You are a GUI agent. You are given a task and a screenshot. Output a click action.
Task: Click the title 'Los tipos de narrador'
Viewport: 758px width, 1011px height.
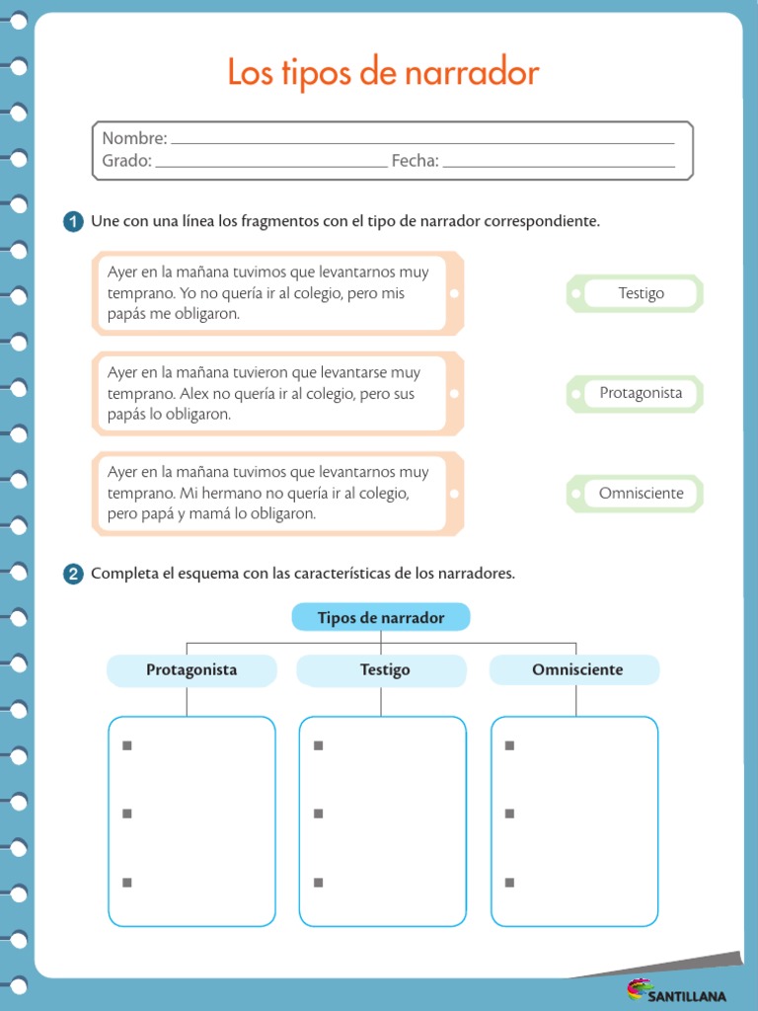tap(383, 73)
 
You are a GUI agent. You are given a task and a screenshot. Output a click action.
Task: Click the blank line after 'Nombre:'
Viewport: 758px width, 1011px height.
tap(422, 142)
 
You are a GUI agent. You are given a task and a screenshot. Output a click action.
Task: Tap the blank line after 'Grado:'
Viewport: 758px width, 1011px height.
tap(271, 165)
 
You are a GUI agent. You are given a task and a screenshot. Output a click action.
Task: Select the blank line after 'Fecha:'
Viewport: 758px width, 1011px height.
tap(559, 165)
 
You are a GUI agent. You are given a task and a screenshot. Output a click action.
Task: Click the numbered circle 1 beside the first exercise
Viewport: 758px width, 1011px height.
tap(73, 222)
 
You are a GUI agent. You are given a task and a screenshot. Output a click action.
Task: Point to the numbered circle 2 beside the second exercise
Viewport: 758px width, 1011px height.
tap(73, 575)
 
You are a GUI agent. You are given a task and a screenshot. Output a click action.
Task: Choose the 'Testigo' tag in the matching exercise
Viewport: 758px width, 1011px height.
tap(641, 293)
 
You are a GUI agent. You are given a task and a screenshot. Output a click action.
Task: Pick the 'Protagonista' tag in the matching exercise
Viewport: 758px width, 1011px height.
tap(641, 393)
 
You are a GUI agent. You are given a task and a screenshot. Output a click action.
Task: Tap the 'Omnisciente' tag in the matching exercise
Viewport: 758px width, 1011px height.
tap(641, 493)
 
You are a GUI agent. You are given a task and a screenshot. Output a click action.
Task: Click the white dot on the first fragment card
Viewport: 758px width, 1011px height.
tap(453, 293)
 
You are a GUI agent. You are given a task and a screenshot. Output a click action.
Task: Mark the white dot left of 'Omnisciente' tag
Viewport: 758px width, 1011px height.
tap(577, 493)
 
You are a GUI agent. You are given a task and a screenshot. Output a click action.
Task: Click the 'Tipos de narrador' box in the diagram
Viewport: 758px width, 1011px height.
tap(381, 618)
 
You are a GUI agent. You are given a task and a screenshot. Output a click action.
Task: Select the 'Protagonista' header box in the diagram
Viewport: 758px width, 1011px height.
tap(191, 670)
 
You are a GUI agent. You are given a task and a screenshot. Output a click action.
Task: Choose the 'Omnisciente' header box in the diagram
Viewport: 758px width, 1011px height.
tap(576, 670)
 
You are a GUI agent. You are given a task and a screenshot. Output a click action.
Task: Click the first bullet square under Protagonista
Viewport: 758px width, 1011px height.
tap(126, 745)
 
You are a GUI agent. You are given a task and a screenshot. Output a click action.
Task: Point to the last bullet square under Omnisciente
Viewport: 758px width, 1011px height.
tap(509, 883)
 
